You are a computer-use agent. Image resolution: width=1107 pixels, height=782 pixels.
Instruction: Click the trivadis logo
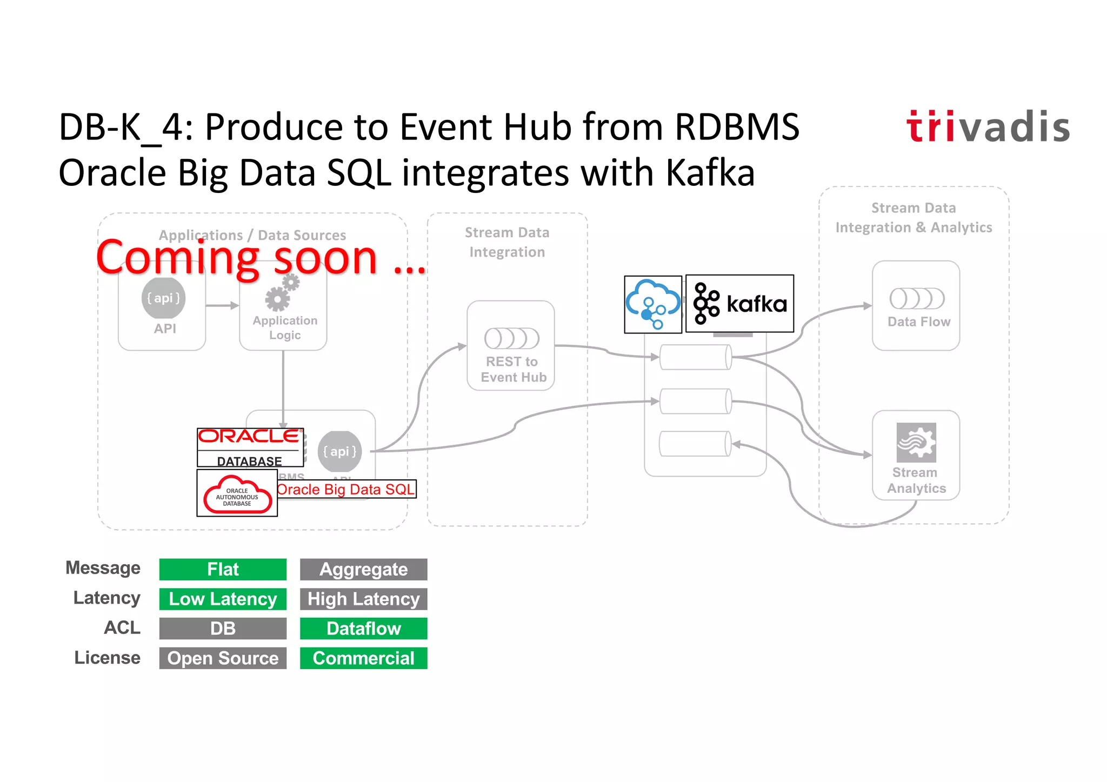[x=988, y=128]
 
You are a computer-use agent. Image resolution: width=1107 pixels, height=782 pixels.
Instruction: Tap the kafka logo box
[x=739, y=304]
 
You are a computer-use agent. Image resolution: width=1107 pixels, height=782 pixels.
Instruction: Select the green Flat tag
[x=223, y=569]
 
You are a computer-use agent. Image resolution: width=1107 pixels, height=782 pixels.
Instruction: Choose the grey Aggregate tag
[x=363, y=569]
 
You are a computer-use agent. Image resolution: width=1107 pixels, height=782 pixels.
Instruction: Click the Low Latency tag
[x=223, y=599]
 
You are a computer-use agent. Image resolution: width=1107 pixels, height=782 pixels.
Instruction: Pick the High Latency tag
[x=363, y=599]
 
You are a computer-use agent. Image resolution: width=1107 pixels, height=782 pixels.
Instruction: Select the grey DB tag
[x=223, y=629]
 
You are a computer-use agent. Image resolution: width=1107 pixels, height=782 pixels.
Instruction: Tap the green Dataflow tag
[x=363, y=629]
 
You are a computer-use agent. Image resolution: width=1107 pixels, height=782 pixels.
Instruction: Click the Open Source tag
[x=223, y=658]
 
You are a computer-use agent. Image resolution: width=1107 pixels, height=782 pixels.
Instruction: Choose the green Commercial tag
[x=363, y=658]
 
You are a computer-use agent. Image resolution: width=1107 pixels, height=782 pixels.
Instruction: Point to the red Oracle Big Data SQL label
[x=346, y=490]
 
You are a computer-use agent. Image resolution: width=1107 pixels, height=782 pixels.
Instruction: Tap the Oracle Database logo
[x=250, y=447]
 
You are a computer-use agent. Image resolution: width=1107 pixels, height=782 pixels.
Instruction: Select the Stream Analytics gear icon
[x=916, y=442]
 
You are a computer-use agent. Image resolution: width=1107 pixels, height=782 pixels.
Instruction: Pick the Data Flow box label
[x=918, y=322]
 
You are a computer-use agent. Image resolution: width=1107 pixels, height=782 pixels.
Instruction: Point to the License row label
[x=107, y=658]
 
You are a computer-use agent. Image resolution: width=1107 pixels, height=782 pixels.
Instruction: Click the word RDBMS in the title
[x=737, y=128]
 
